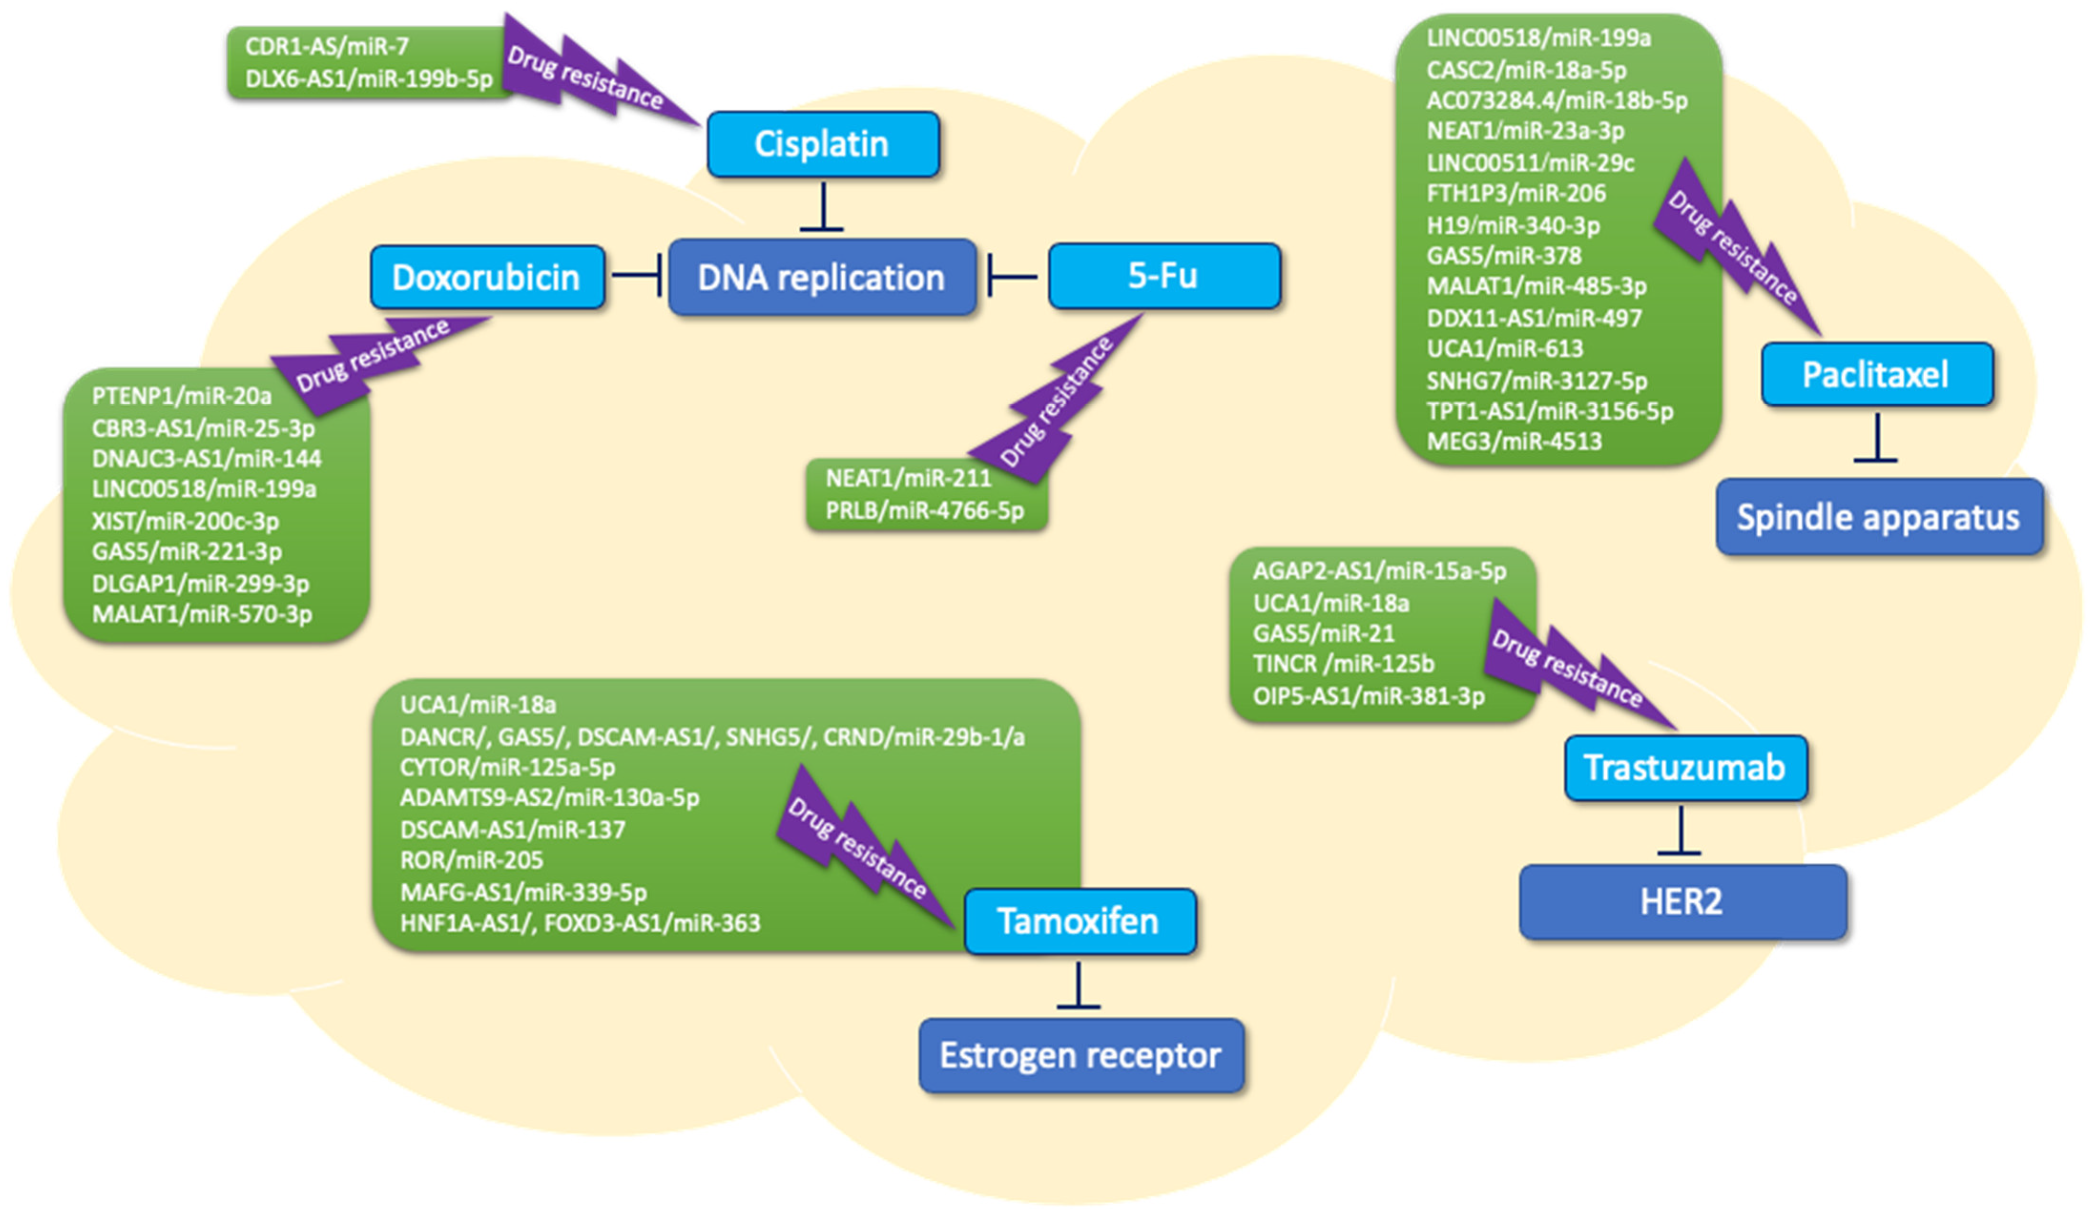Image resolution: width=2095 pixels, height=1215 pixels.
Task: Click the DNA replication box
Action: (821, 277)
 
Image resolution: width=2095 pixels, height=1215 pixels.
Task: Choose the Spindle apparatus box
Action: (1878, 517)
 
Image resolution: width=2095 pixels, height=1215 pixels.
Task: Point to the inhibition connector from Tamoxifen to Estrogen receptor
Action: (1078, 987)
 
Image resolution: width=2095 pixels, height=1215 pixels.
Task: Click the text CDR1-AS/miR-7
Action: (327, 47)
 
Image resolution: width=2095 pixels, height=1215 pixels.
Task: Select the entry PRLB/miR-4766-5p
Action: (924, 511)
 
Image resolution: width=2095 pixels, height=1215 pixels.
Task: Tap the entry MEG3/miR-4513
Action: (1514, 441)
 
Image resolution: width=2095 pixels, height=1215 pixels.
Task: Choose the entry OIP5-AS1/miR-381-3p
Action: (1368, 695)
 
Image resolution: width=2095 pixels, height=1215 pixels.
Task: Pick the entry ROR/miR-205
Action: (471, 860)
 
